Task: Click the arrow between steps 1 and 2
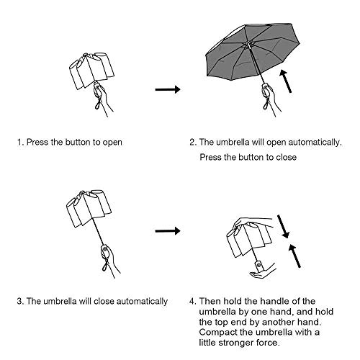pyautogui.click(x=167, y=90)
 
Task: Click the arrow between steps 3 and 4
pyautogui.click(x=167, y=231)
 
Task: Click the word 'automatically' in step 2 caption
pyautogui.click(x=311, y=143)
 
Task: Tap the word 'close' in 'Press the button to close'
pyautogui.click(x=288, y=156)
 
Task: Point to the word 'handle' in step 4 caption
pyautogui.click(x=293, y=301)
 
